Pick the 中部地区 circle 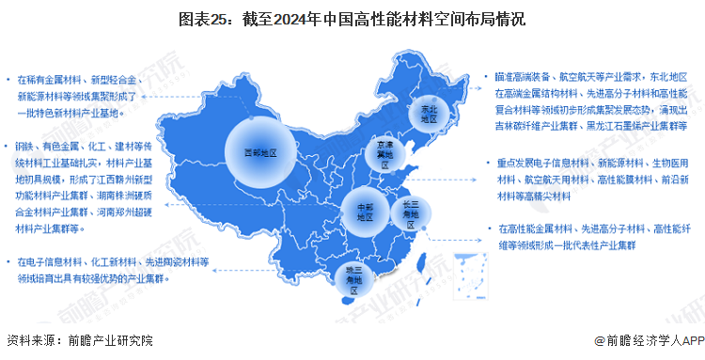pyautogui.click(x=358, y=209)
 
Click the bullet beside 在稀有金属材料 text pyautogui.click(x=8, y=80)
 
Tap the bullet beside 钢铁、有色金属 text pyautogui.click(x=8, y=148)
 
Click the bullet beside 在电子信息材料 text pyautogui.click(x=8, y=260)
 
